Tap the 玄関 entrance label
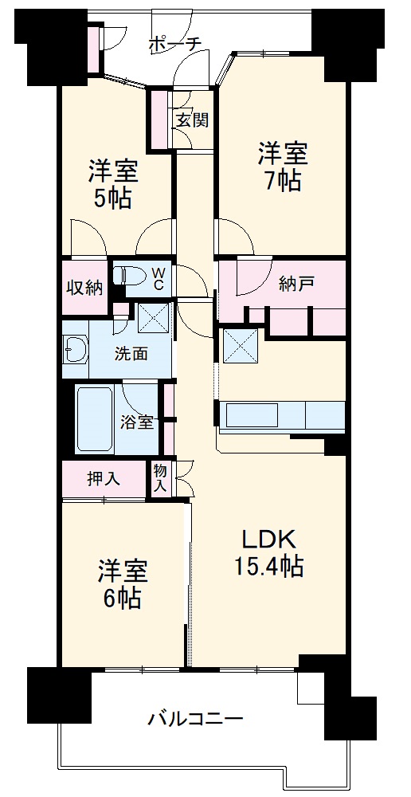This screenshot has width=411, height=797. click(x=192, y=120)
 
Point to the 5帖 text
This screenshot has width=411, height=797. click(x=113, y=198)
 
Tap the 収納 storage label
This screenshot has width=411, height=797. click(x=84, y=287)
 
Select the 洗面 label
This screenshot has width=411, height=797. click(x=131, y=353)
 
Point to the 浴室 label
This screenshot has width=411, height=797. click(x=137, y=422)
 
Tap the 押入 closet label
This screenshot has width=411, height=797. click(x=104, y=479)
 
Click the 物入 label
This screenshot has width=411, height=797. click(x=159, y=478)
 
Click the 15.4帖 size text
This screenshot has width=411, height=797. click(x=268, y=567)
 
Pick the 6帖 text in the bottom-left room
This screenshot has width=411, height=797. click(x=122, y=597)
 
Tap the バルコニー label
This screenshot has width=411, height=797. click(x=195, y=720)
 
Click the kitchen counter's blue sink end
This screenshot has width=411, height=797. click(x=326, y=416)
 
